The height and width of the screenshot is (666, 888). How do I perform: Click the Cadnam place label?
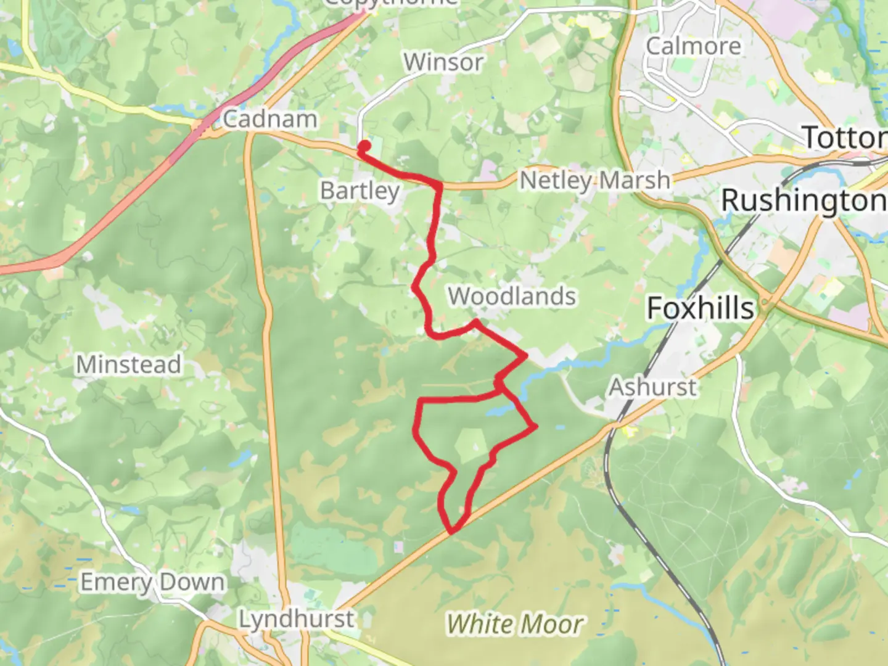click(x=269, y=118)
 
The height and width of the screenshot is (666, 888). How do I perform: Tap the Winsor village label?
click(x=443, y=62)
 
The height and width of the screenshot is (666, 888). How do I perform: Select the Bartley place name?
click(x=360, y=191)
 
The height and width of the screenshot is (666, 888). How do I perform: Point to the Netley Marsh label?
click(x=595, y=181)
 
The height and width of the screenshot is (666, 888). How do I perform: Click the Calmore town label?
click(x=693, y=46)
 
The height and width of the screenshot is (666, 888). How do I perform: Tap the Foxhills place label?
click(x=701, y=308)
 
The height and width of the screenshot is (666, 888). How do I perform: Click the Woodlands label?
click(x=512, y=296)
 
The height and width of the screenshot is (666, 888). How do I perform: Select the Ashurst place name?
click(x=653, y=387)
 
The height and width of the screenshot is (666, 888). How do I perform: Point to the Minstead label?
click(x=128, y=364)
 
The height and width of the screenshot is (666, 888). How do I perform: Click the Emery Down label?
click(x=152, y=582)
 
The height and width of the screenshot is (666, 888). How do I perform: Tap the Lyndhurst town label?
click(x=297, y=619)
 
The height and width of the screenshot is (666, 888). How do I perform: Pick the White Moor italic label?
click(x=514, y=624)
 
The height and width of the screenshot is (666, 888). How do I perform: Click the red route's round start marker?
click(x=364, y=146)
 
